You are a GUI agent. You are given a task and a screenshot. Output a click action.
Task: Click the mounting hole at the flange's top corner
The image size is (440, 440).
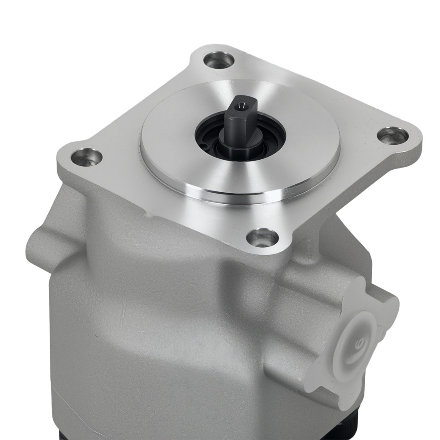click(x=219, y=60)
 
